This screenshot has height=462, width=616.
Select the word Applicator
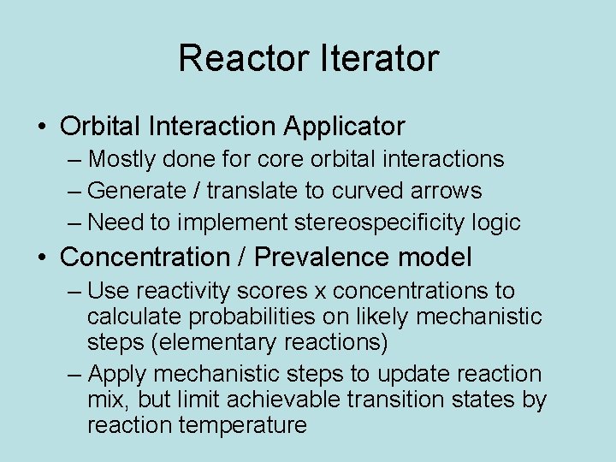[x=344, y=127]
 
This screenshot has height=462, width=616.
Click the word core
[x=303, y=159]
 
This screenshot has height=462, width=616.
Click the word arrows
[x=450, y=191]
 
